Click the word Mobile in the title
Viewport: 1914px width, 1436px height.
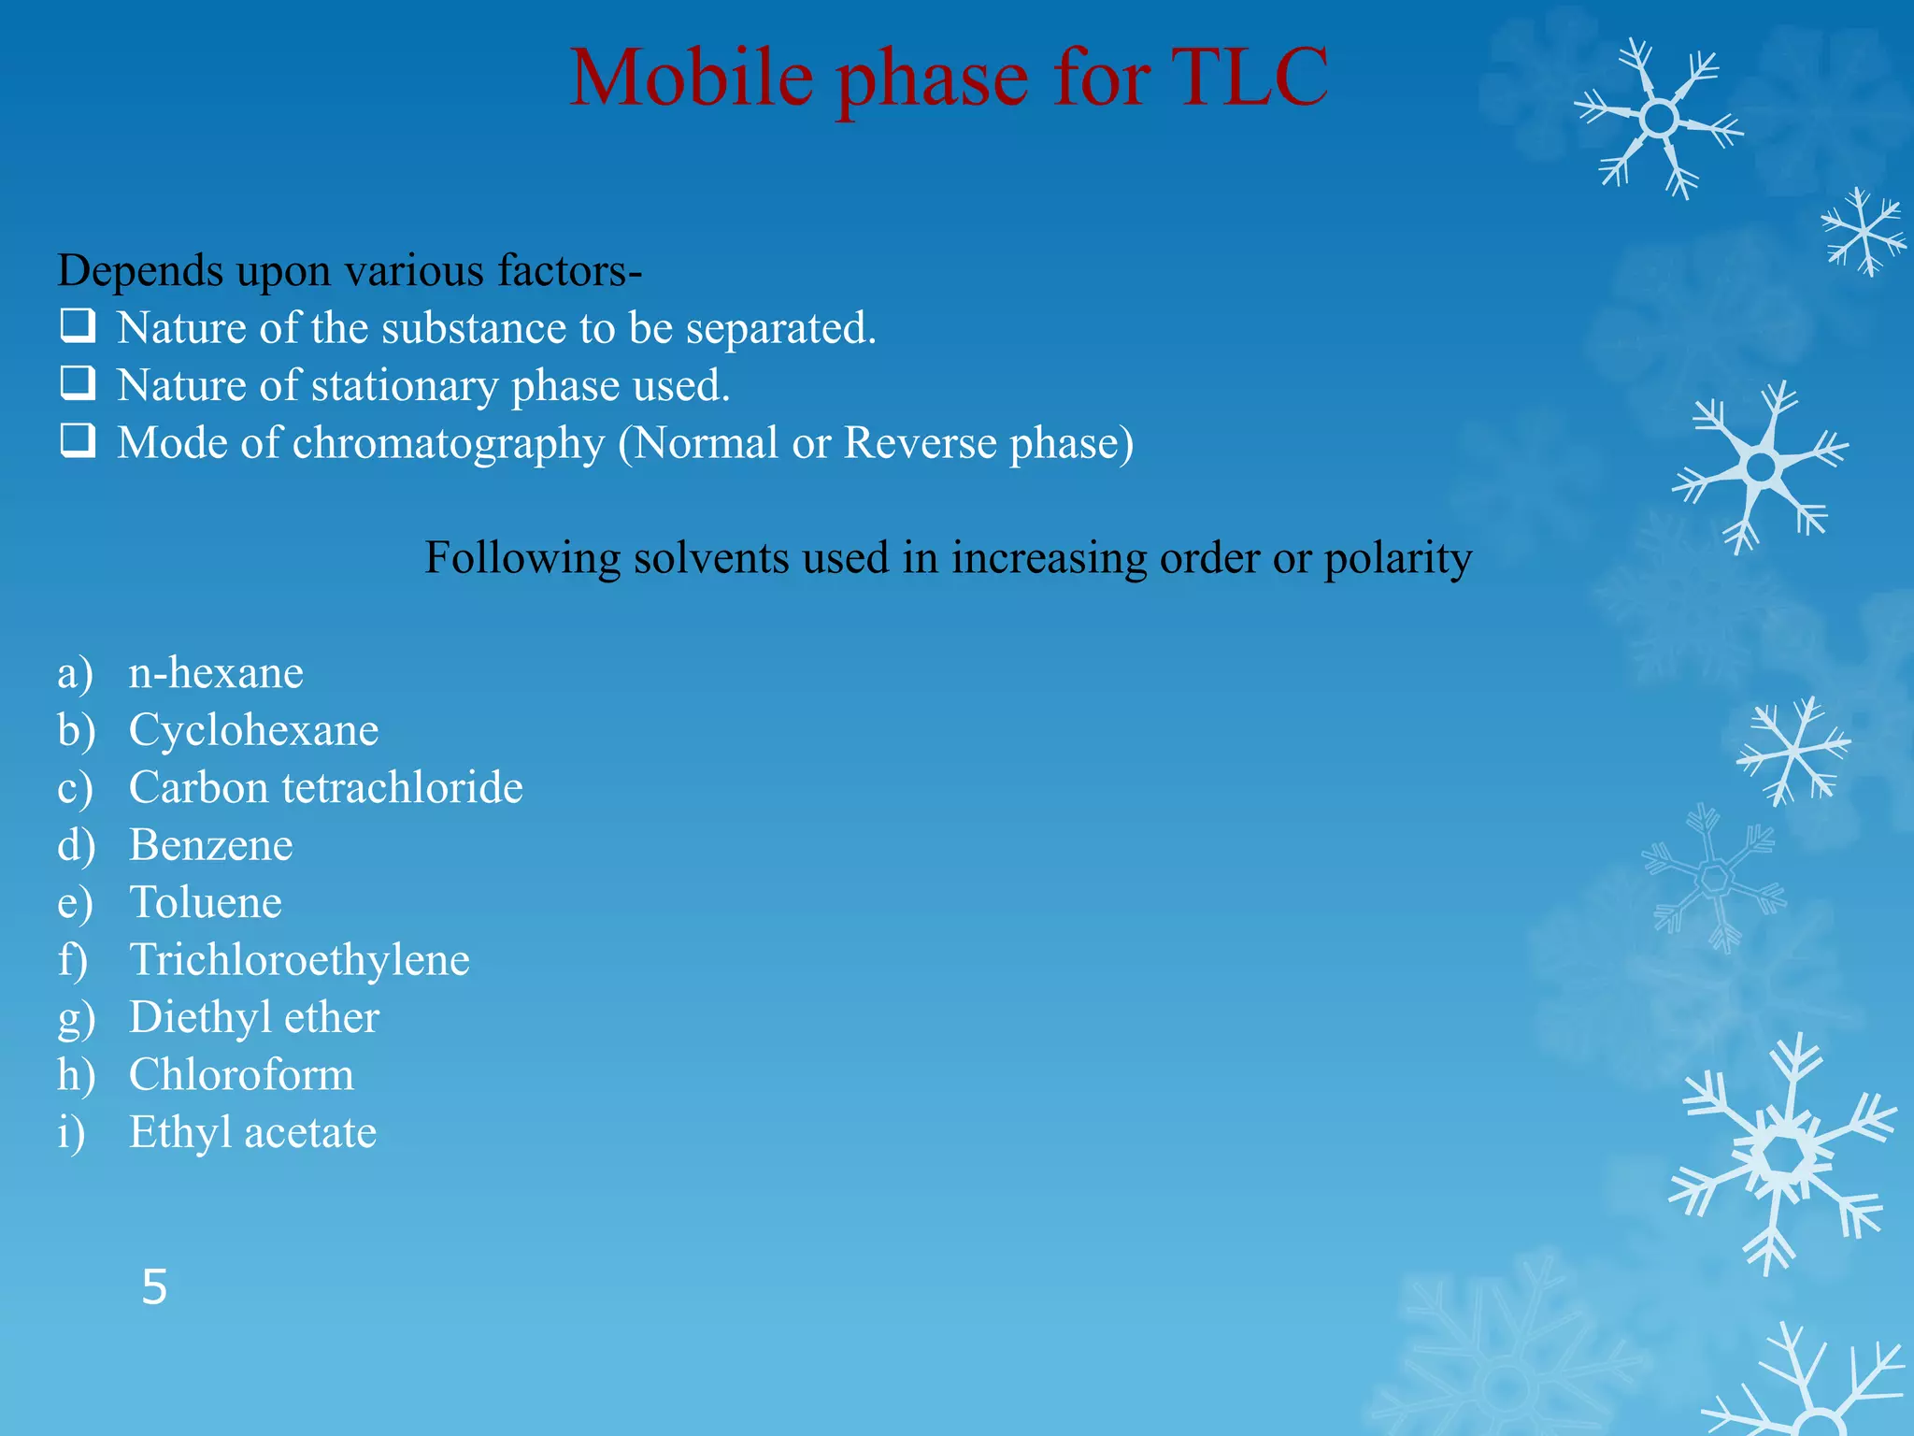click(692, 77)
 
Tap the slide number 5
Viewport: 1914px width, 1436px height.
click(154, 1287)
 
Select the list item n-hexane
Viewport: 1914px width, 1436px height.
click(216, 673)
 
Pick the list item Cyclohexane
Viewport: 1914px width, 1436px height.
click(253, 730)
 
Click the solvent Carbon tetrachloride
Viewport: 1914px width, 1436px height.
click(325, 787)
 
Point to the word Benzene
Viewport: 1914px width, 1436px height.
click(211, 845)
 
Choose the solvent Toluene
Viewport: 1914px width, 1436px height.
click(206, 902)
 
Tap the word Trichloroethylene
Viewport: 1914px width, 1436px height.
click(299, 960)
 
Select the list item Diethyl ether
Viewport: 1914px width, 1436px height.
click(254, 1017)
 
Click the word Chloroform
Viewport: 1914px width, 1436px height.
click(241, 1075)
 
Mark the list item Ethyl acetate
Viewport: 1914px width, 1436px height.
click(252, 1132)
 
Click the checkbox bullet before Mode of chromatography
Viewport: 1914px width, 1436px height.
click(78, 440)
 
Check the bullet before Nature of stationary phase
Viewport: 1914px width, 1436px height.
click(78, 382)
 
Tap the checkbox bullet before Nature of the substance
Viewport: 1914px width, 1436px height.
click(78, 325)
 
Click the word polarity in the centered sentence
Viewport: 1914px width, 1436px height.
click(1397, 559)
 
